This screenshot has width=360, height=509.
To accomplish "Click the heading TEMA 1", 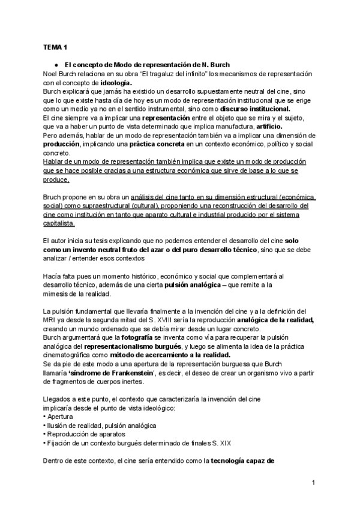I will [55, 46].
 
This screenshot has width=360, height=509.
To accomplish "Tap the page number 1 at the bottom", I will [313, 483].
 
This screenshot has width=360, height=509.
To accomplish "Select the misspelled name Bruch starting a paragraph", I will [53, 196].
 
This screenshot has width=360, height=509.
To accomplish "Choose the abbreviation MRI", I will [51, 321].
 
